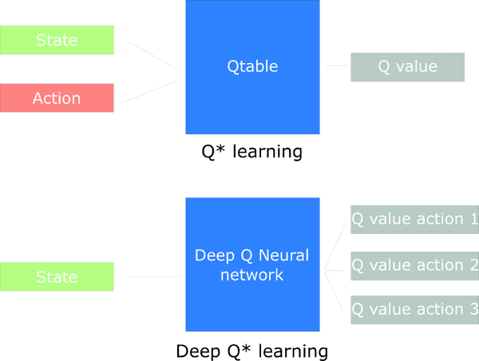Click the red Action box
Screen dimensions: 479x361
click(x=57, y=97)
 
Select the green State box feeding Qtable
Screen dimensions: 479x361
click(x=57, y=40)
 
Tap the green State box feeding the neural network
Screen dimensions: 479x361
click(x=57, y=276)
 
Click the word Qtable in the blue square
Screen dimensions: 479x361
click(x=252, y=66)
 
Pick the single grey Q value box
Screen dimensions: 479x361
click(x=407, y=67)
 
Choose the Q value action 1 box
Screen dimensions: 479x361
click(x=415, y=220)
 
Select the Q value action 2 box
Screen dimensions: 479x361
click(x=415, y=266)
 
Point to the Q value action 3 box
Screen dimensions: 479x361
click(x=415, y=310)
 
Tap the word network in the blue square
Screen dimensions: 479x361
click(x=252, y=275)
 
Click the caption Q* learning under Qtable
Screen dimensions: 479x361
click(x=252, y=152)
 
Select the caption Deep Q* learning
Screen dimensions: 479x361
click(x=252, y=351)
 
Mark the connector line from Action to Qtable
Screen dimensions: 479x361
click(x=148, y=92)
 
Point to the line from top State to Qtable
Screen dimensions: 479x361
click(x=153, y=56)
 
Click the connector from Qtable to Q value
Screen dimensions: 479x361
click(x=337, y=65)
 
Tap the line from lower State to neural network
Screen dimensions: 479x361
click(x=153, y=276)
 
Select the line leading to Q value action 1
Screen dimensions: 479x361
click(x=335, y=246)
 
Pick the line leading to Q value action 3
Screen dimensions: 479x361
click(x=334, y=291)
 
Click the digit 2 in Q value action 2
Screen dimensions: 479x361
click(x=474, y=265)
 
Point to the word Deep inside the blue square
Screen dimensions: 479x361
click(x=215, y=256)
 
